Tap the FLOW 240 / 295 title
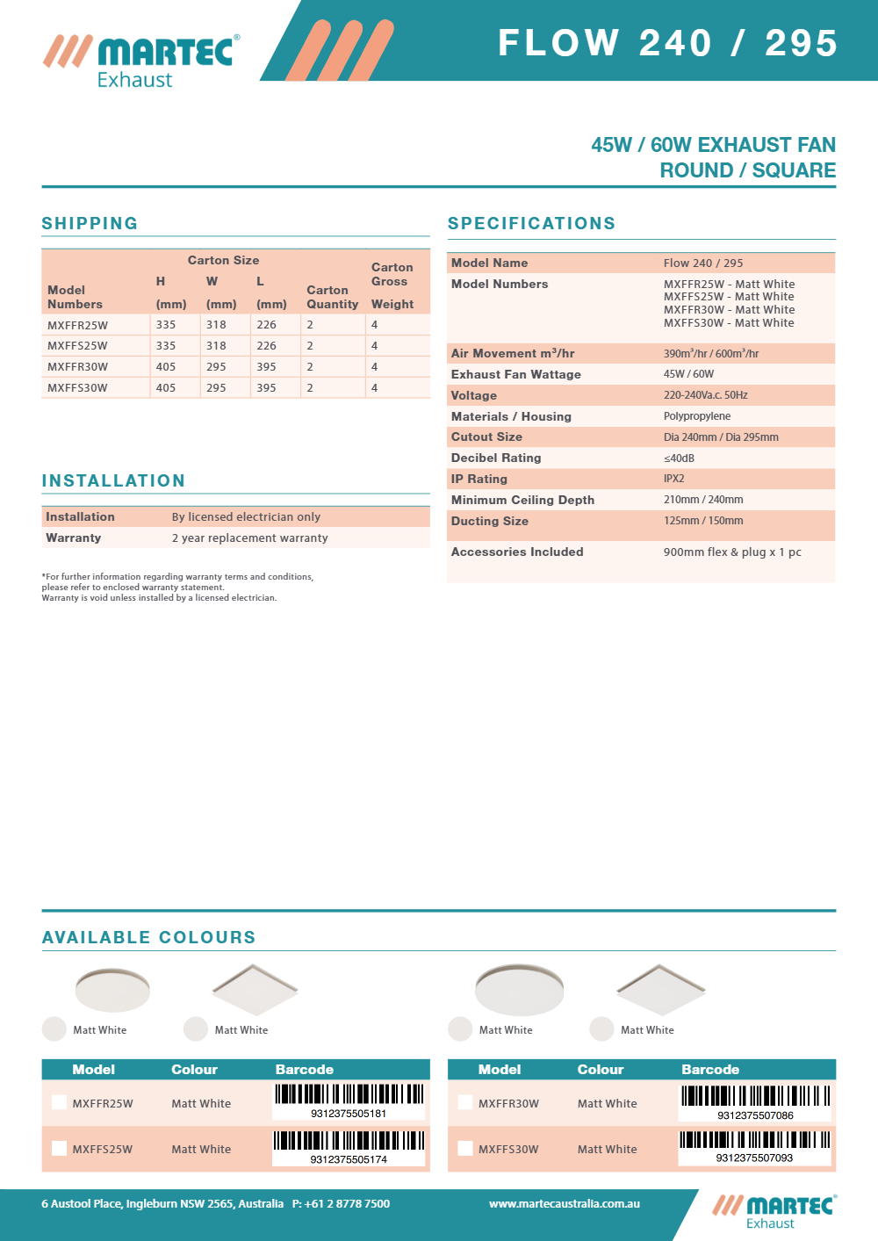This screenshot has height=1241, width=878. pos(667,43)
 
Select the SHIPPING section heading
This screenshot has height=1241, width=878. pos(90,223)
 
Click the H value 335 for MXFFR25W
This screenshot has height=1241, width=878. pos(166,325)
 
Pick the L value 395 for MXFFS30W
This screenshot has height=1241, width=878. pos(266,388)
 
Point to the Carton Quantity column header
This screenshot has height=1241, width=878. pos(332,297)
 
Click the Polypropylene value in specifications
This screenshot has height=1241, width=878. pos(697,416)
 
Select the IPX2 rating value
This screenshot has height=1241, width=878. pos(673,479)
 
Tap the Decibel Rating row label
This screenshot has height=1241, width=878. pos(496,458)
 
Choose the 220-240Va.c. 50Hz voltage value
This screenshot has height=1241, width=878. pos(706,395)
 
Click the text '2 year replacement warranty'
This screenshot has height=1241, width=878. pos(249,538)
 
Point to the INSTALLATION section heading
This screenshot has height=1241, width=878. pos(113,480)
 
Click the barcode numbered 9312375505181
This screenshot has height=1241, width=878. pos(349,1101)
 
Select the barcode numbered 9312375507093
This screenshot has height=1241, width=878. pos(754,1147)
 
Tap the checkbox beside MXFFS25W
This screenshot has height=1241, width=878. pos(59,1148)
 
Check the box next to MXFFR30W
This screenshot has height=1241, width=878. pos(465,1102)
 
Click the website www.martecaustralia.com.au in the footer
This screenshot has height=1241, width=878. pos(565,1204)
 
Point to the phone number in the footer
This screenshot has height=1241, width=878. pos(341,1204)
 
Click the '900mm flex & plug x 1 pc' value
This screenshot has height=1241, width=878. pos(732,552)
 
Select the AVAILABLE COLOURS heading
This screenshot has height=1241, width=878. pos(149,937)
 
